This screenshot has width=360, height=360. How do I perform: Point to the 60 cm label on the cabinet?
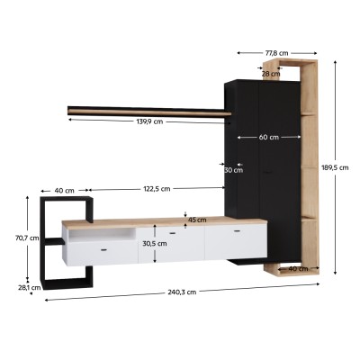pyautogui.click(x=267, y=138)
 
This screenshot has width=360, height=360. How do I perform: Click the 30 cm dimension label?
pyautogui.click(x=233, y=169)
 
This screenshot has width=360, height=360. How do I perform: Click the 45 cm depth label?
pyautogui.click(x=196, y=220)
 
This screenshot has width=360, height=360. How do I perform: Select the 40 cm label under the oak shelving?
pyautogui.click(x=297, y=268)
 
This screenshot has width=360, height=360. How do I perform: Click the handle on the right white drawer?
pyautogui.click(x=237, y=232)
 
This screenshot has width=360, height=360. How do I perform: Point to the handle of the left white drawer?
pyautogui.click(x=103, y=250)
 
